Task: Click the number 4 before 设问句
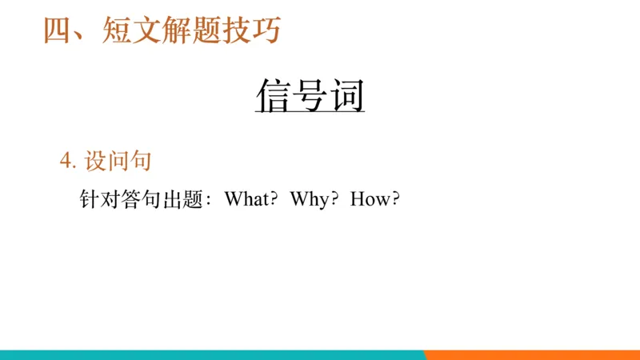pos(65,162)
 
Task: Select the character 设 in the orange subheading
pos(95,162)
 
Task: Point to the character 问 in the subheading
pos(118,162)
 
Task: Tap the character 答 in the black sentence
pos(130,199)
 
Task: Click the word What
pos(246,199)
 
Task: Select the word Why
pos(309,199)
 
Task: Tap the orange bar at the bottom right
pos(532,354)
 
